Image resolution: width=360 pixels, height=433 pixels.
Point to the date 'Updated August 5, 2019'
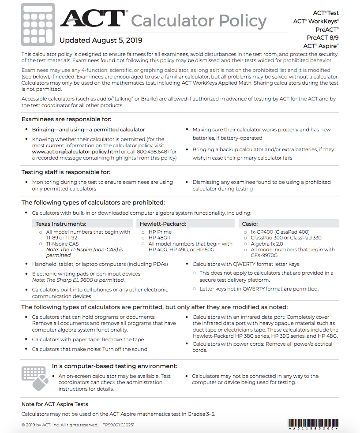click(x=101, y=41)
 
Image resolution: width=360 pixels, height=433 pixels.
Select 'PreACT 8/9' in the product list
click(x=322, y=37)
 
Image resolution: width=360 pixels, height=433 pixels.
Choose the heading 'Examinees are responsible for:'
click(x=66, y=119)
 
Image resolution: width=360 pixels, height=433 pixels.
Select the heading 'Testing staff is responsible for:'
click(x=66, y=172)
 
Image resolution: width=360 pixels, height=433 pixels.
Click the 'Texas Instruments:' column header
click(x=61, y=224)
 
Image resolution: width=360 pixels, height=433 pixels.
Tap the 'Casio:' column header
click(x=250, y=224)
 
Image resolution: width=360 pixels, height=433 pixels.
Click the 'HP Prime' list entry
click(x=160, y=232)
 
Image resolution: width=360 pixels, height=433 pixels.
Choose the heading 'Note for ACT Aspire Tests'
click(x=55, y=404)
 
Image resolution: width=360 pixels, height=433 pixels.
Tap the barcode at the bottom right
click(x=313, y=424)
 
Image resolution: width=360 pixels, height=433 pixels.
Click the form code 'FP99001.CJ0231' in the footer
click(x=118, y=425)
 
